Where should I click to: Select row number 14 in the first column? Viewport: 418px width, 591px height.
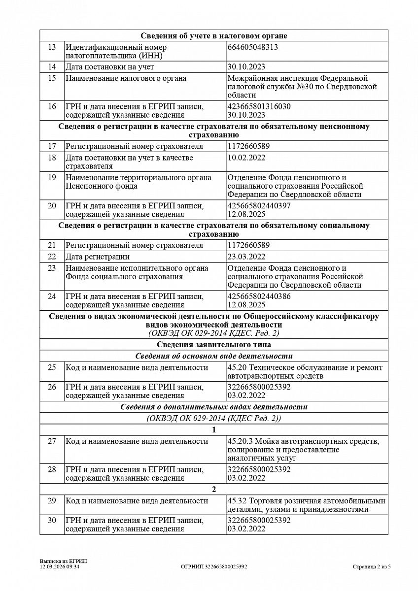[52, 66]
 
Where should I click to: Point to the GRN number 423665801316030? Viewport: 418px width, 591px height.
[259, 106]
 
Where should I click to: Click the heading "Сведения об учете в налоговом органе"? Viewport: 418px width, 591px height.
[214, 35]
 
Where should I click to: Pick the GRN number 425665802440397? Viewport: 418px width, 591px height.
[259, 205]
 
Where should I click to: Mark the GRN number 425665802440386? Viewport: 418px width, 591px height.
[259, 296]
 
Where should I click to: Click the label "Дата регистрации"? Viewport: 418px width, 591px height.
[98, 257]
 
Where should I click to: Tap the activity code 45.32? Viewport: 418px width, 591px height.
[236, 501]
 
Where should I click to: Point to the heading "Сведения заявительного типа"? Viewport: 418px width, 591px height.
[214, 345]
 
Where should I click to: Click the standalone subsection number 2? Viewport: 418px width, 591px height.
[214, 489]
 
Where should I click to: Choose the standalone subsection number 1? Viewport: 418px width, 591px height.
[214, 429]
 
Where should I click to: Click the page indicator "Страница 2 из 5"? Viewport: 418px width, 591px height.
[372, 567]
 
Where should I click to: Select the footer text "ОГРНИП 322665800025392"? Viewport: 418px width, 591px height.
[214, 567]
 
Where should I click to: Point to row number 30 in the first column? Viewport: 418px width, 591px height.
[52, 521]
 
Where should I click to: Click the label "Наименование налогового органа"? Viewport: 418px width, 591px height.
[126, 78]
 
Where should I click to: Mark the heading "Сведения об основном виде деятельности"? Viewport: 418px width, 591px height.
[214, 356]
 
